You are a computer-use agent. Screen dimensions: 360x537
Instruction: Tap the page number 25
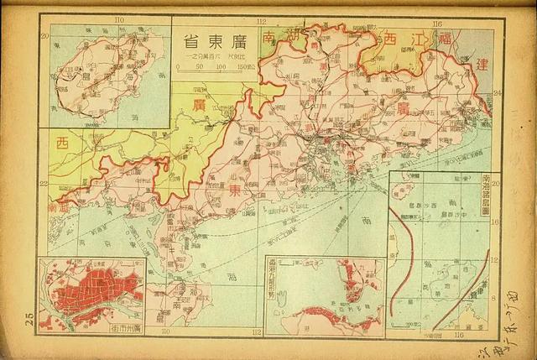tap(29, 317)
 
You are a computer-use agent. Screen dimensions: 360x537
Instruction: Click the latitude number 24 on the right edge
tap(496, 93)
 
